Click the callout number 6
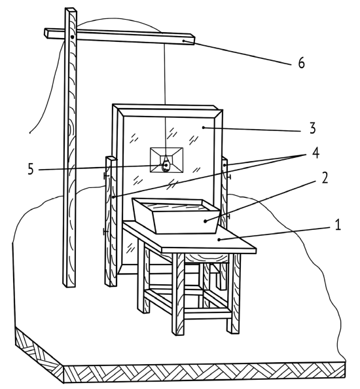point(301,62)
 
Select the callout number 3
point(313,128)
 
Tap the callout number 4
point(315,153)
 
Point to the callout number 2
point(325,178)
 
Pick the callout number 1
point(338,225)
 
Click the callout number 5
point(30,170)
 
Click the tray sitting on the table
point(176,215)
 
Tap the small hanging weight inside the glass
point(166,166)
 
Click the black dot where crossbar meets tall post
point(72,37)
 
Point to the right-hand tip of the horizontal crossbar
point(194,40)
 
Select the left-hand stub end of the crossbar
point(46,33)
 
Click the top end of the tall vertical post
point(71,9)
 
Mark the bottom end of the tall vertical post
point(69,286)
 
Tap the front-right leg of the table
point(234,293)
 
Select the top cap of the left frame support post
point(111,158)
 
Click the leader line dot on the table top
point(219,240)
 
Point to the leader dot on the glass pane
point(204,128)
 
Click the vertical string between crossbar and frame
point(164,74)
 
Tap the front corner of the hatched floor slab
point(63,367)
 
